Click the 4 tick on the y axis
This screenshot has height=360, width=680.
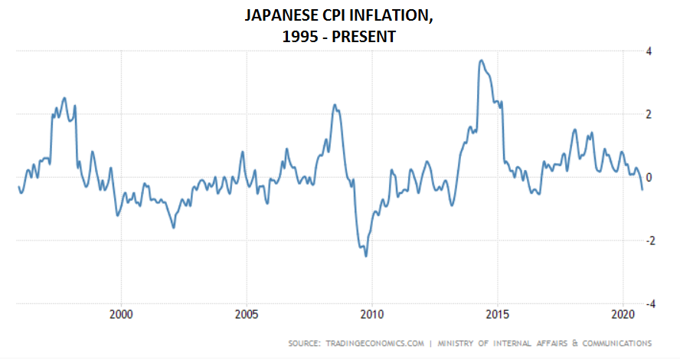pyautogui.click(x=649, y=51)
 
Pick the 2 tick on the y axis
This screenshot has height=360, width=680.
pyautogui.click(x=649, y=114)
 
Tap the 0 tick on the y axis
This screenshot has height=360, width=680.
pyautogui.click(x=649, y=178)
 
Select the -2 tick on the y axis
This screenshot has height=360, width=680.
pyautogui.click(x=647, y=241)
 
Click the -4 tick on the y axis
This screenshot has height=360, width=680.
pyautogui.click(x=647, y=303)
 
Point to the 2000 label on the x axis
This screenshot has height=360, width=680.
pyautogui.click(x=122, y=314)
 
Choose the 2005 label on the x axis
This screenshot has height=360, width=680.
pyautogui.click(x=247, y=314)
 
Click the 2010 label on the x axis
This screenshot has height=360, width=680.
pyautogui.click(x=371, y=314)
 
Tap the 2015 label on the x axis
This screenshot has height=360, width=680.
pyautogui.click(x=497, y=314)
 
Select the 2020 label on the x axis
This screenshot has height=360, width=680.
pyautogui.click(x=622, y=314)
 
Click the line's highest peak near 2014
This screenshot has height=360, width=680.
pyautogui.click(x=481, y=61)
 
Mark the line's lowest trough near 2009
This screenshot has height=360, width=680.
pyautogui.click(x=366, y=255)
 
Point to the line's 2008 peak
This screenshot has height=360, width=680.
pyautogui.click(x=335, y=105)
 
